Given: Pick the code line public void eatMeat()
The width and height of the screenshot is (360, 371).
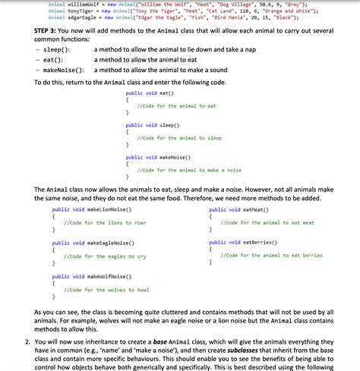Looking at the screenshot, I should click(240, 209).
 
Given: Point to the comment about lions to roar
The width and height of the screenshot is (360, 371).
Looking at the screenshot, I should click(105, 222).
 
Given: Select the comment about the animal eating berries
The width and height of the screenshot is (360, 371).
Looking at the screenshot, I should click(271, 256).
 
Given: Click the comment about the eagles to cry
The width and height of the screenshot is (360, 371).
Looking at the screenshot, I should click(106, 256).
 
